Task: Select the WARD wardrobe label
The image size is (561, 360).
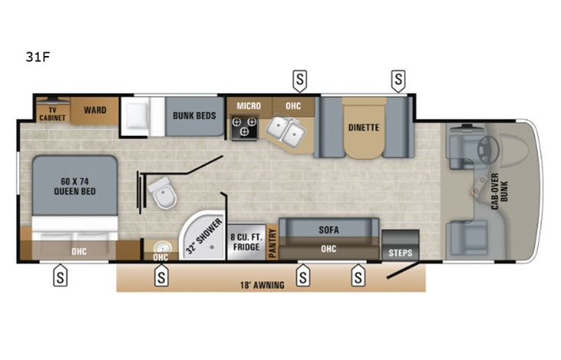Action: click(95, 111)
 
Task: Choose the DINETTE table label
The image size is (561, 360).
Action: click(364, 127)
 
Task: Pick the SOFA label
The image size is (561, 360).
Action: click(329, 229)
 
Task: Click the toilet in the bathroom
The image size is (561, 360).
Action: click(163, 192)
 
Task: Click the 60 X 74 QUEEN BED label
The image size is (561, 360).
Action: click(74, 187)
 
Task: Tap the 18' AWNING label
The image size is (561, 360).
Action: click(262, 285)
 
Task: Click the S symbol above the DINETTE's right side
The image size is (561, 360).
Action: click(398, 78)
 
